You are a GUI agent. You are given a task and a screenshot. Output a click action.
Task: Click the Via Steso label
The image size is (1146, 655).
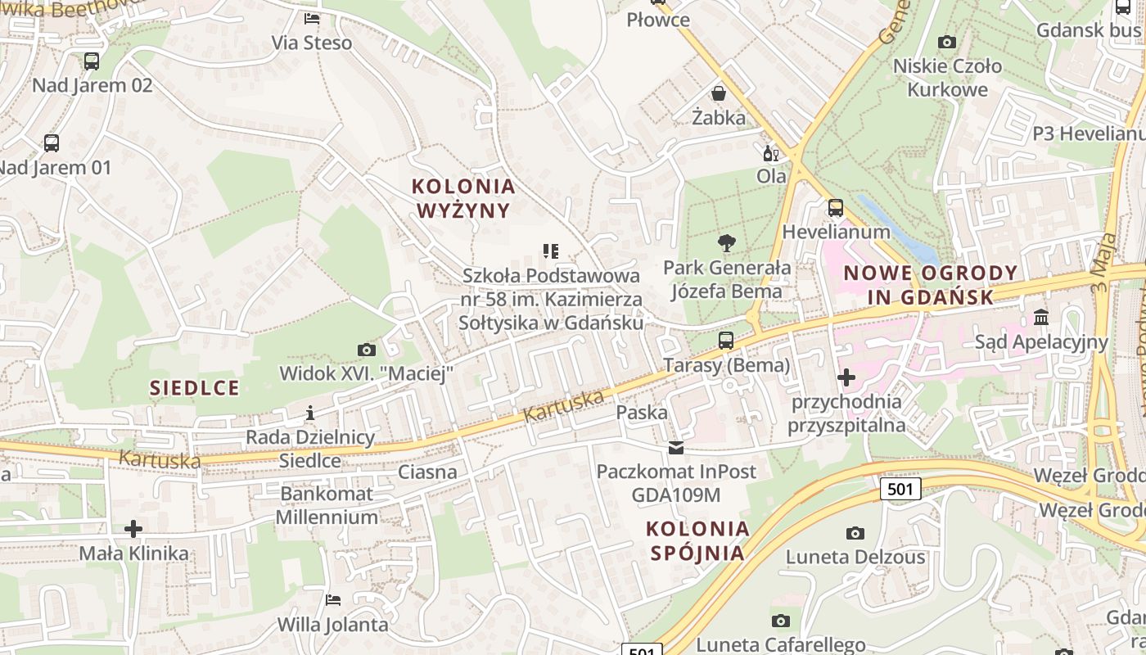(312, 43)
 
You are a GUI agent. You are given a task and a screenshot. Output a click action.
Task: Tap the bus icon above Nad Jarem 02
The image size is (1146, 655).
(92, 61)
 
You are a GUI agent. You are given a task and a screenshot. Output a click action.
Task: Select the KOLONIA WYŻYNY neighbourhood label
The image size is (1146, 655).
(463, 198)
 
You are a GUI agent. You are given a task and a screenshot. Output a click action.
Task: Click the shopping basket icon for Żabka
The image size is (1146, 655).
(719, 93)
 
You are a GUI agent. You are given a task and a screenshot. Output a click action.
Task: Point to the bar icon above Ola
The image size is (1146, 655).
(770, 153)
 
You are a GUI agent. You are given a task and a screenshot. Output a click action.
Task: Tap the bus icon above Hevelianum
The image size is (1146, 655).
(835, 208)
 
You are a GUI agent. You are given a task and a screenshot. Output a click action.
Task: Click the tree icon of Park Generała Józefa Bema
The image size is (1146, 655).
(726, 243)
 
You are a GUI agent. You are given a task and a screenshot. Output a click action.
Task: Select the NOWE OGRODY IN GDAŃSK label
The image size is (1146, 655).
(931, 285)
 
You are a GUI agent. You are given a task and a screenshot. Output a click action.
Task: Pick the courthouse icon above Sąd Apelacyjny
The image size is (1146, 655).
(1041, 317)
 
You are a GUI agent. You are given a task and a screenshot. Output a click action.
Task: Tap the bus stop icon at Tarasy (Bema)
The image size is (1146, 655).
(726, 341)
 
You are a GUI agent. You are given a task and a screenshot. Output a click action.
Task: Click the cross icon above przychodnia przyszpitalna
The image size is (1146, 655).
(846, 377)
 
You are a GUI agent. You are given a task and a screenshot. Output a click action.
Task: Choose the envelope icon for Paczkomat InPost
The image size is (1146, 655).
(676, 448)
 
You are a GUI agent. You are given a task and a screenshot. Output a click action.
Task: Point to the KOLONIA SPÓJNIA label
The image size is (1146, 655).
(697, 540)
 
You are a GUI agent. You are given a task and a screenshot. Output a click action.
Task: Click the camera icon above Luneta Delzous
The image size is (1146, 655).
(855, 534)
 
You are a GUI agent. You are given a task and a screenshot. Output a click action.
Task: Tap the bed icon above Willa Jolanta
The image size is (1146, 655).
(333, 600)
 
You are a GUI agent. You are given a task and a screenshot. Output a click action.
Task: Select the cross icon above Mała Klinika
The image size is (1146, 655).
(133, 529)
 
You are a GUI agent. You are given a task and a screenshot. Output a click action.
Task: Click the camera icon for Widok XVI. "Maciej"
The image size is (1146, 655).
(367, 350)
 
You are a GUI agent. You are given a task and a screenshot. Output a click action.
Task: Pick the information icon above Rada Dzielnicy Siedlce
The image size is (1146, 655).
(310, 413)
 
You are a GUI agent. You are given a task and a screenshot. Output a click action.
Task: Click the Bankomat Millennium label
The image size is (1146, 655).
(327, 505)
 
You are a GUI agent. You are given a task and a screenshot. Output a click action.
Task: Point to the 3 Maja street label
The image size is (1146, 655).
(1105, 263)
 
